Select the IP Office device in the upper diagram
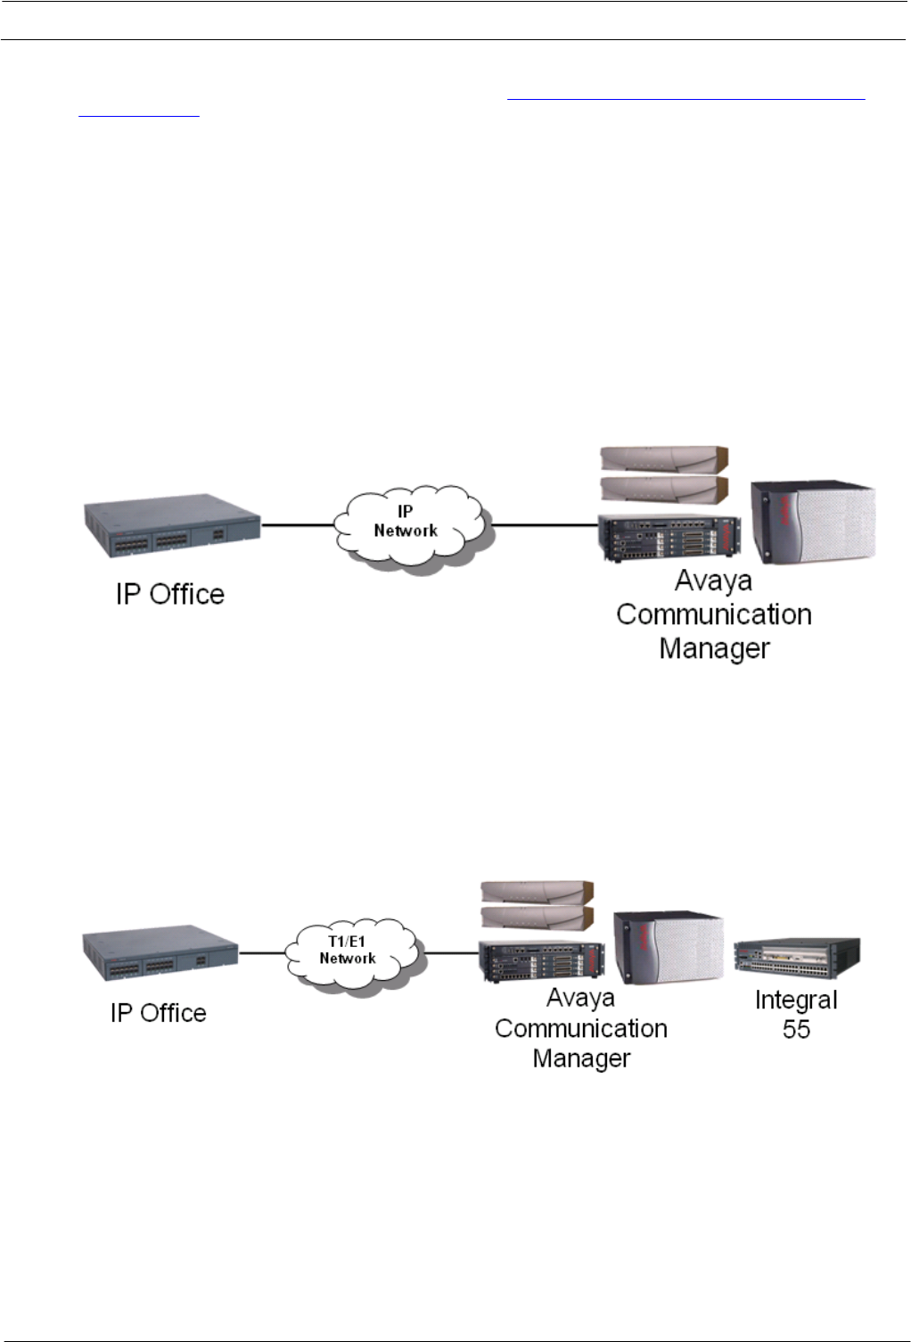pyautogui.click(x=172, y=526)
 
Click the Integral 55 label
pyautogui.click(x=796, y=1014)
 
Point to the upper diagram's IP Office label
pyautogui.click(x=170, y=594)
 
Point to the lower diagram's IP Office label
pyautogui.click(x=159, y=1013)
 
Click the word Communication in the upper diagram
pyautogui.click(x=714, y=614)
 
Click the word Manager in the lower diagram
pyautogui.click(x=581, y=1058)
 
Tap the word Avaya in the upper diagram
pyautogui.click(x=713, y=581)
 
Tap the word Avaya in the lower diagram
pyautogui.click(x=580, y=998)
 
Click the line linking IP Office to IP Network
pyautogui.click(x=298, y=525)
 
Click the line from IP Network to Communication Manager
pyautogui.click(x=544, y=525)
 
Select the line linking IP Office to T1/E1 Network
pyautogui.click(x=262, y=953)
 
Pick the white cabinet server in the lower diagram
pyautogui.click(x=669, y=947)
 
